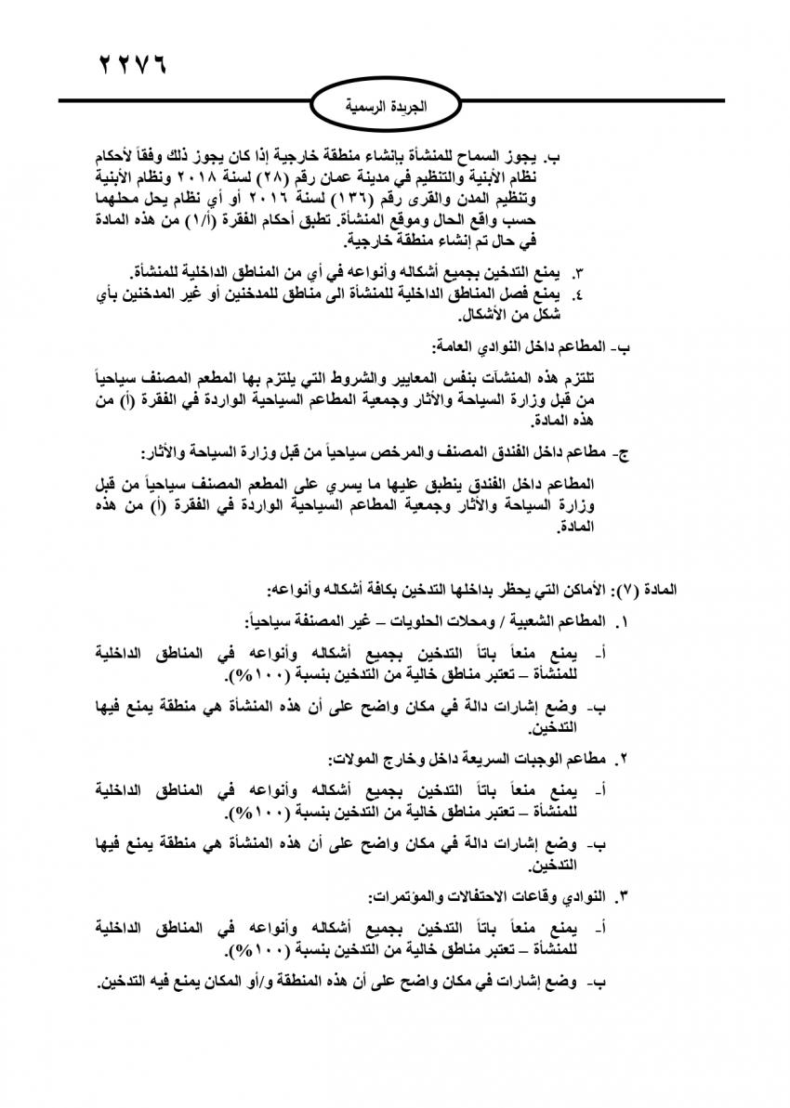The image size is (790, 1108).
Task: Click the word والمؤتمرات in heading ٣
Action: click(404, 897)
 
